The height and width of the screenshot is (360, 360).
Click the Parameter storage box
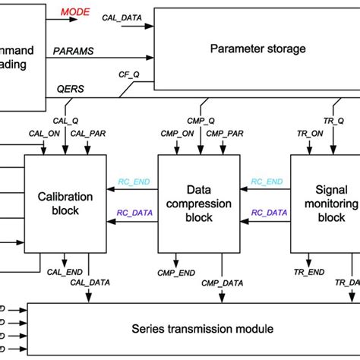coord(257,49)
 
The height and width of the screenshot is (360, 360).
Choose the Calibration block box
coord(65,203)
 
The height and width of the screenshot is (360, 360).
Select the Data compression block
coord(198,203)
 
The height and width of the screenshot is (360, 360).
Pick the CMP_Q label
coord(201,120)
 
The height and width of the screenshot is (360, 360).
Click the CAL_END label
coord(63,270)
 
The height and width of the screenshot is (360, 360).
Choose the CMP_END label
coord(173,271)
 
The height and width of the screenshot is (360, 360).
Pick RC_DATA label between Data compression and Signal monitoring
coord(267,213)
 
